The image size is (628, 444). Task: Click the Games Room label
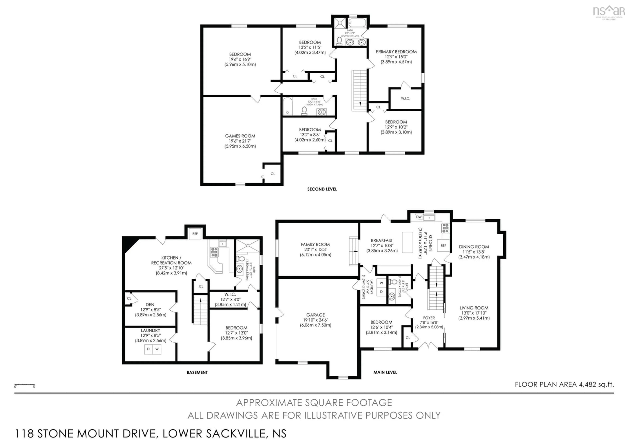(240, 136)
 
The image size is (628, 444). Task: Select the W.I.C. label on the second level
(405, 98)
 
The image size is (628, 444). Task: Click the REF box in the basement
(195, 234)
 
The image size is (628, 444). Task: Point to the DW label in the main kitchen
(419, 217)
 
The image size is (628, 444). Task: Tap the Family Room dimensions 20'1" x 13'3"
(315, 249)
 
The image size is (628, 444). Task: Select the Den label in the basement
(150, 304)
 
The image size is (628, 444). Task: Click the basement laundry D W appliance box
(153, 349)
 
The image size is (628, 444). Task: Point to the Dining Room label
(474, 247)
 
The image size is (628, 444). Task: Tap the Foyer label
(429, 318)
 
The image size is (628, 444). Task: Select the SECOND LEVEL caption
(322, 189)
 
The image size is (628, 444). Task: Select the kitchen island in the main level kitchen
(407, 242)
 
